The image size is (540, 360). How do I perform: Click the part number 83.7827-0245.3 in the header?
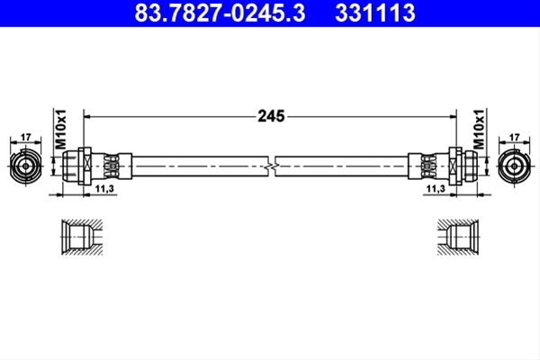click(x=220, y=13)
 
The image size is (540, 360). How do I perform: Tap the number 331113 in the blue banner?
click(x=375, y=13)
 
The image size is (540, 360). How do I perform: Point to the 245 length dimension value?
click(x=271, y=116)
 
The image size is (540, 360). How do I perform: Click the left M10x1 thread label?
click(x=60, y=130)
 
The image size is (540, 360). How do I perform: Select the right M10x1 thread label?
click(x=479, y=130)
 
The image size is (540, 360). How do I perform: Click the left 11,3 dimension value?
click(x=104, y=188)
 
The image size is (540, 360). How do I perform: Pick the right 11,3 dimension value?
click(x=436, y=188)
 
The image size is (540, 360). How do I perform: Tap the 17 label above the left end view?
click(x=26, y=137)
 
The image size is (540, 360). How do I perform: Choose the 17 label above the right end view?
click(x=514, y=137)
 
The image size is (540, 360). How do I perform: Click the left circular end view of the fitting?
click(x=26, y=166)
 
